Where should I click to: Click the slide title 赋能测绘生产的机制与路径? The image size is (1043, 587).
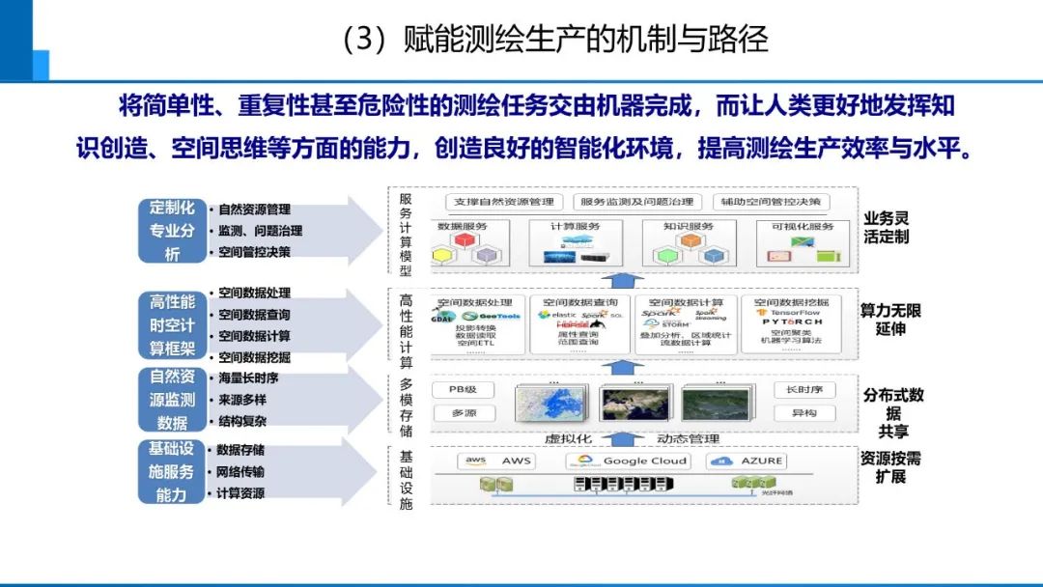coord(554,39)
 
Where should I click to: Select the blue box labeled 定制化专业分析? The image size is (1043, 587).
coord(172,231)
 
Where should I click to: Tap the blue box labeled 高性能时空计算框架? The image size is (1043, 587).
coord(172,325)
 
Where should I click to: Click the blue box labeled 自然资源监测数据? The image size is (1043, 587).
coord(172,399)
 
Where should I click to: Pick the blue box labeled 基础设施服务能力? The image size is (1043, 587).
coord(172,471)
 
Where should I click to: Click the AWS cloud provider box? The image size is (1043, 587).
coord(498,461)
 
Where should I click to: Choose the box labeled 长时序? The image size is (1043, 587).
coord(798,390)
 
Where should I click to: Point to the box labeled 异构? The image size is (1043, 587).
coord(798,413)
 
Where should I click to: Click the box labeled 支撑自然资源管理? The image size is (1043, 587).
coord(505,202)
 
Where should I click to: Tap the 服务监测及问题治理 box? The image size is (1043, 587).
coord(636,202)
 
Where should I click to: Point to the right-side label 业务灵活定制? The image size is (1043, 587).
coord(886,228)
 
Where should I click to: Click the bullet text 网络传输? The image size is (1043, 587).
coord(240,471)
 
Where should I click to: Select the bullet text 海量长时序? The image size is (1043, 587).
coord(248,377)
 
